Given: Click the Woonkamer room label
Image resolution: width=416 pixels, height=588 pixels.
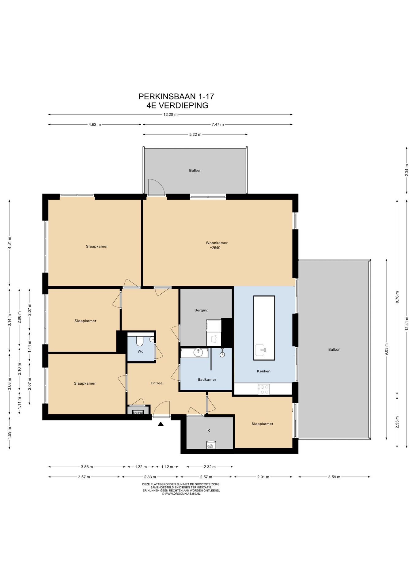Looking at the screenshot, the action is tap(217, 243).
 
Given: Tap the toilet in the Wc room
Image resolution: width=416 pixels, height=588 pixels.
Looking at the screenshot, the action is tap(140, 341).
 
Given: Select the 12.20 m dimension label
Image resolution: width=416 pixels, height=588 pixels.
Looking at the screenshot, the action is tap(170, 115).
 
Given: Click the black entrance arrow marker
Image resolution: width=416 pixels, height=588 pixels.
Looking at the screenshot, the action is tap(161, 424).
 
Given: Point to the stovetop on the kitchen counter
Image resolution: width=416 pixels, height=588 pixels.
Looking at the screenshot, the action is tap(264, 389).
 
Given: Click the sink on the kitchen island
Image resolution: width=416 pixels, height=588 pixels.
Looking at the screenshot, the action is tap(261, 349).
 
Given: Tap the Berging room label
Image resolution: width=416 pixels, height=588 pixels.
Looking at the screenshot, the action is tap(201, 310).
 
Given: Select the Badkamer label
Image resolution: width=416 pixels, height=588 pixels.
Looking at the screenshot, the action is tap(207, 379).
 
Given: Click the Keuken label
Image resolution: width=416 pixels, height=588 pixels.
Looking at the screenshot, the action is tap(263, 371).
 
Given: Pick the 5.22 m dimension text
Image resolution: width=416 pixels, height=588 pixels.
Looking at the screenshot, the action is tap(195, 134).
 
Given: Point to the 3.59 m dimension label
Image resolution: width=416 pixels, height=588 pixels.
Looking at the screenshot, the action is tap(334, 477).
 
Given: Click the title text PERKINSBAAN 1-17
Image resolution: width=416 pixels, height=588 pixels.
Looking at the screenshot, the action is tap(176, 96).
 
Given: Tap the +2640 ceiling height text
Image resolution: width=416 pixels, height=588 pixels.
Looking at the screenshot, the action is tap(215, 248).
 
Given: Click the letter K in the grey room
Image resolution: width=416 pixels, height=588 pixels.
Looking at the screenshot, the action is tap(209, 431).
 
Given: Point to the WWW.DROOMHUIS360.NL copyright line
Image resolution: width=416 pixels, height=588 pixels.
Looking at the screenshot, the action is tap(181, 494).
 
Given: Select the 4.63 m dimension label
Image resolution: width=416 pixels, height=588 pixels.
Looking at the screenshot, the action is tap(95, 125).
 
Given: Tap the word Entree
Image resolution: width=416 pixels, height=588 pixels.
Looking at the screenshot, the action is tap(157, 383).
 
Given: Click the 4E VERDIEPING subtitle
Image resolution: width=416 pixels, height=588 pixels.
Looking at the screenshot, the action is tap(178, 105).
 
